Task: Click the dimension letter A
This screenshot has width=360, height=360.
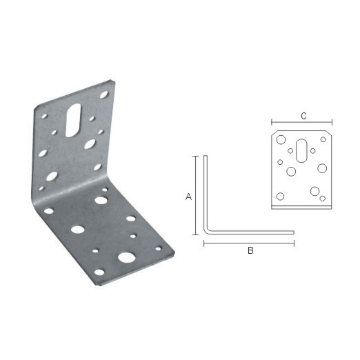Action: coord(188,197)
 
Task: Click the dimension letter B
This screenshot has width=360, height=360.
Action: coord(250,250)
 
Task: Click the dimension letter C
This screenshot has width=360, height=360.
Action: coord(303,116)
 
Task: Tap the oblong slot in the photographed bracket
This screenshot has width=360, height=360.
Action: coord(73,120)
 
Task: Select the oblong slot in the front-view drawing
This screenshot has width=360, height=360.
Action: coord(301,150)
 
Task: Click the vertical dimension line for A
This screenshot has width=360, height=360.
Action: coord(195,195)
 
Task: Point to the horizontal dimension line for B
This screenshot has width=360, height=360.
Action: coord(249,243)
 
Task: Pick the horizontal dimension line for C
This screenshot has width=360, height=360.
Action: coord(301,122)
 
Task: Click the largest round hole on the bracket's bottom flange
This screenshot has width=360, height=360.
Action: coord(126,257)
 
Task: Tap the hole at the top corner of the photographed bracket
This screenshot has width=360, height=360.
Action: coord(104,94)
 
